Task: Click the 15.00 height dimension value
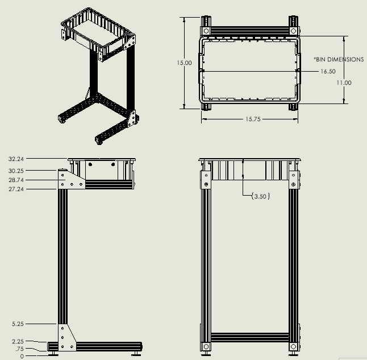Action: point(184,63)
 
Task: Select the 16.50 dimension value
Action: point(328,72)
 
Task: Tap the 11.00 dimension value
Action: point(344,83)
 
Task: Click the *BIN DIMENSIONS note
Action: point(339,59)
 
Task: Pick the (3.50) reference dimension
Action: point(260,196)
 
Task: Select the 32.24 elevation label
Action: point(16,159)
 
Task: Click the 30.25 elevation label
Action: point(16,171)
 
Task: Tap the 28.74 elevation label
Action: point(16,180)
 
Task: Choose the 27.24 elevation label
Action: point(16,189)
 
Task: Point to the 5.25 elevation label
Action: point(18,324)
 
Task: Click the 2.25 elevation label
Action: point(18,342)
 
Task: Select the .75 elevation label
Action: point(20,349)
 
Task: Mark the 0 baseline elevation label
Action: point(22,357)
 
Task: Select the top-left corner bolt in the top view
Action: point(206,31)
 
